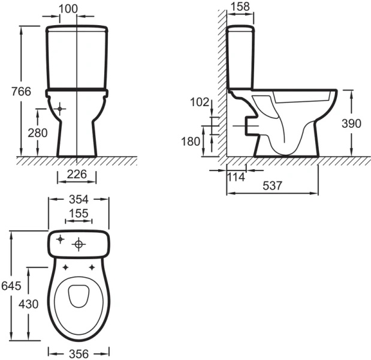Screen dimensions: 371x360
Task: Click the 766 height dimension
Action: [x=22, y=91]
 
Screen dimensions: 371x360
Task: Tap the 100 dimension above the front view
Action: [x=68, y=9]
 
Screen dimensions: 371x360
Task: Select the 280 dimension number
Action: [x=38, y=133]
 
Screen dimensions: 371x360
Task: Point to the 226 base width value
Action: [x=77, y=175]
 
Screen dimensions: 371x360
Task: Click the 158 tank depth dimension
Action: [x=240, y=7]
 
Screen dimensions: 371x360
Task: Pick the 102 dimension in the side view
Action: [x=200, y=102]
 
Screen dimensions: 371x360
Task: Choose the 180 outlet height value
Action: [x=191, y=142]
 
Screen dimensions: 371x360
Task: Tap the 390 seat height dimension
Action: [x=351, y=124]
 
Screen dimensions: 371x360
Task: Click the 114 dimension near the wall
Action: [x=236, y=177]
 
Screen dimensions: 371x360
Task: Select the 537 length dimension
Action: [x=273, y=185]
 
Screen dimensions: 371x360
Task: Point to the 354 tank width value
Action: [x=79, y=199]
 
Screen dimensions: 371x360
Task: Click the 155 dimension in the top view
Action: [x=79, y=213]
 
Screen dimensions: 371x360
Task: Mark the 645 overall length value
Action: [x=11, y=286]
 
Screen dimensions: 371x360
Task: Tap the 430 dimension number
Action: [x=28, y=304]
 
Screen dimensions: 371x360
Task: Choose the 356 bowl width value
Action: [x=79, y=354]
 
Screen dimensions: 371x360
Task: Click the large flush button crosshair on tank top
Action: [x=79, y=244]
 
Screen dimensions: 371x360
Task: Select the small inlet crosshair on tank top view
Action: [x=61, y=239]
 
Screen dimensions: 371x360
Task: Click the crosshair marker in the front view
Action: [x=59, y=109]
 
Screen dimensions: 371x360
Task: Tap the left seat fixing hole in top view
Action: [x=65, y=268]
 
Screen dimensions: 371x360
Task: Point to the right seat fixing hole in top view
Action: [x=92, y=268]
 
